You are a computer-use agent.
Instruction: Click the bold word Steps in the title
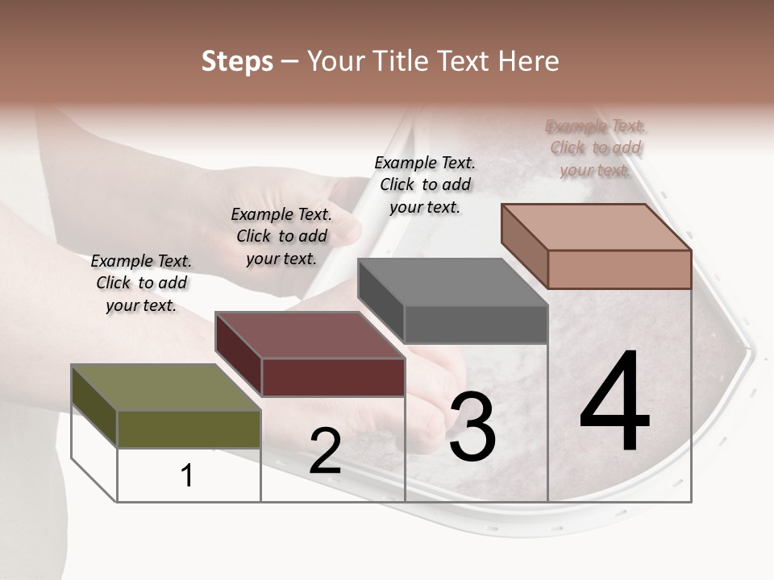237,61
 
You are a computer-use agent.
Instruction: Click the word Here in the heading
527,61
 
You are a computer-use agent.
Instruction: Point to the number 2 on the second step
325,451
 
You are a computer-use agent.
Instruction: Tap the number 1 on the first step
187,476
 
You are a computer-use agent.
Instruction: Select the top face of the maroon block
310,335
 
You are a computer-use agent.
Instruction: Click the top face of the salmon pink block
597,226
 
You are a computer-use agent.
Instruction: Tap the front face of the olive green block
189,429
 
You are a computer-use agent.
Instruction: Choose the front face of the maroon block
333,377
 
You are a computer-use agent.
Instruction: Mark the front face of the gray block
476,324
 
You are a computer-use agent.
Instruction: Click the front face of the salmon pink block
619,269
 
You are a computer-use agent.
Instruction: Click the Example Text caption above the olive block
141,283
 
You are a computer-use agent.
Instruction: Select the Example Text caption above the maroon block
281,236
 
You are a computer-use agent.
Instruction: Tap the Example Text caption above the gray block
425,184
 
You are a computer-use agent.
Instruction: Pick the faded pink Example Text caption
596,147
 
